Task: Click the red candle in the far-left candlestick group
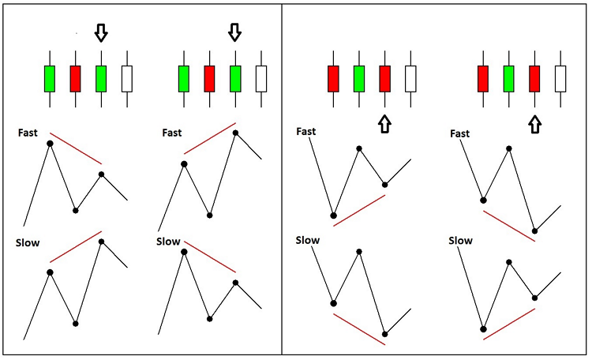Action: [76, 79]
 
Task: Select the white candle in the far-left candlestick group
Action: [127, 79]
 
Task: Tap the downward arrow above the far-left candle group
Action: [100, 32]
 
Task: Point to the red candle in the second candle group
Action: [209, 79]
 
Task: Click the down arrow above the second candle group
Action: [234, 32]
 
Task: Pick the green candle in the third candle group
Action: [359, 79]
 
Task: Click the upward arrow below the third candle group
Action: [384, 123]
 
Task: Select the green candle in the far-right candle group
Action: [509, 79]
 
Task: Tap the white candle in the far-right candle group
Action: [560, 79]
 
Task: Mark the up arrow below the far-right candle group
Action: [535, 123]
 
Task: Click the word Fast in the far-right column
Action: [460, 133]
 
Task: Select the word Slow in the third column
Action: [308, 240]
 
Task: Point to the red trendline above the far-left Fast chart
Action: [76, 148]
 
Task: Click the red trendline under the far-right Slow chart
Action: [509, 324]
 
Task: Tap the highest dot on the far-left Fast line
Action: [50, 143]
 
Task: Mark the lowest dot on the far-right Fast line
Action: [535, 231]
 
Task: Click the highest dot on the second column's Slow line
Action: [185, 252]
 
